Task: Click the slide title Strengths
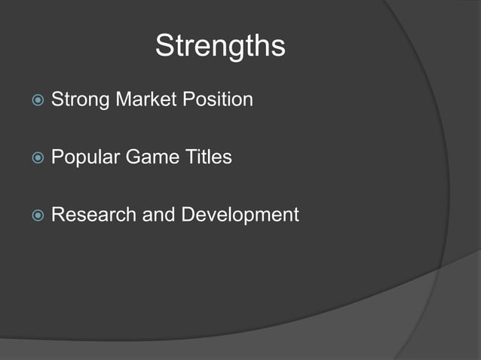click(x=220, y=47)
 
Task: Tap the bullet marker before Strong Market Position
click(x=37, y=100)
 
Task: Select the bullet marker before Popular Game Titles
click(x=37, y=158)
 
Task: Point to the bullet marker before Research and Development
click(x=37, y=215)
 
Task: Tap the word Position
click(x=219, y=99)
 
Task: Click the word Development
click(x=240, y=215)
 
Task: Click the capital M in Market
click(x=124, y=99)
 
